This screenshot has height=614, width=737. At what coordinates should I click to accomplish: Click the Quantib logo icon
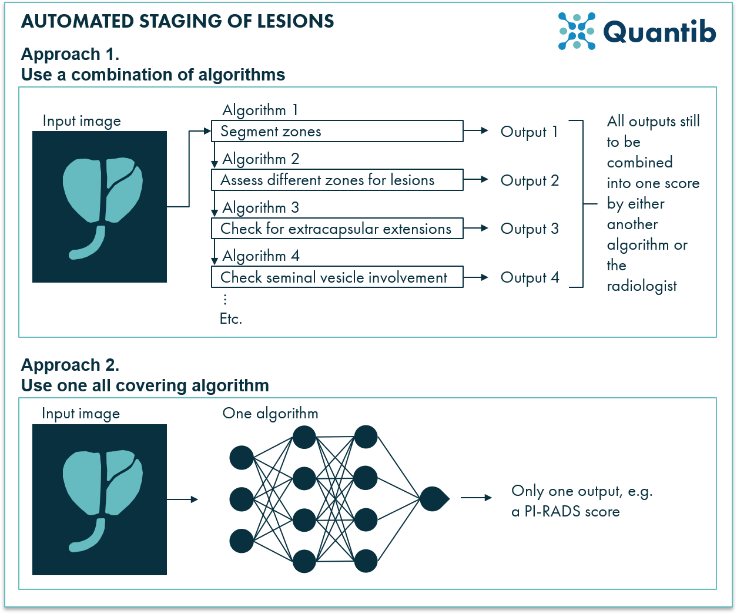click(x=577, y=31)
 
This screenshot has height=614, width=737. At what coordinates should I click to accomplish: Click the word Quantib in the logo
click(x=659, y=32)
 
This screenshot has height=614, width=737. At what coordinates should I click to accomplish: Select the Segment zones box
click(x=337, y=131)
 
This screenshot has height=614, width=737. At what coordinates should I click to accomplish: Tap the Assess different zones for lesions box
click(x=337, y=180)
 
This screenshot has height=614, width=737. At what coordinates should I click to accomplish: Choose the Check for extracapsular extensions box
click(x=337, y=229)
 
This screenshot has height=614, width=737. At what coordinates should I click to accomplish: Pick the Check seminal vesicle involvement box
click(x=337, y=277)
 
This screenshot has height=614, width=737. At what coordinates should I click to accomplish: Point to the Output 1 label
click(x=529, y=132)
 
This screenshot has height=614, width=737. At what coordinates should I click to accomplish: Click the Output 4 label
click(x=530, y=277)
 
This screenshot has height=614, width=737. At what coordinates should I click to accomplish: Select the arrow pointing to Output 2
click(x=476, y=180)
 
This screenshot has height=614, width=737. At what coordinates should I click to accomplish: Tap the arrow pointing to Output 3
click(x=476, y=229)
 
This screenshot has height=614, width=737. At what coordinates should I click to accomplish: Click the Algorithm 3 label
click(x=261, y=207)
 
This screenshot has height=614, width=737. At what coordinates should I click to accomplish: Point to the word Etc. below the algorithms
click(x=231, y=318)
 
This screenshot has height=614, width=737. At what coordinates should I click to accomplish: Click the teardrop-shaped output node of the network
click(x=434, y=499)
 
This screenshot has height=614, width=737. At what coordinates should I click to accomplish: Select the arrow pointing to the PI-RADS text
click(x=476, y=498)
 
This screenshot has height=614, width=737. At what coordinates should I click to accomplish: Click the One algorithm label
click(x=270, y=413)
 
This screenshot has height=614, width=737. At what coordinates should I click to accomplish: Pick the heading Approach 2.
click(x=71, y=365)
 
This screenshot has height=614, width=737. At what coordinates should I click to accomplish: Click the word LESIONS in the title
click(x=295, y=21)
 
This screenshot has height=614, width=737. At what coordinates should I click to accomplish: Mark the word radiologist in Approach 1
click(x=642, y=286)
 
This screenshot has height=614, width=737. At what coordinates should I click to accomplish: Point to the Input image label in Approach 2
click(x=81, y=414)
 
